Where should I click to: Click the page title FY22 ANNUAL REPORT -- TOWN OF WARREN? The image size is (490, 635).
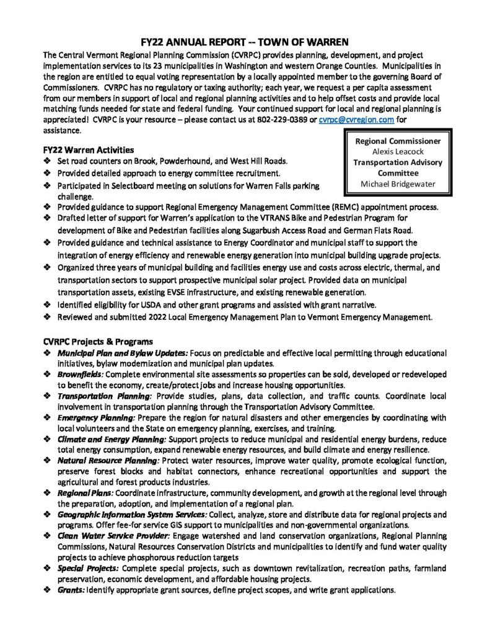245,39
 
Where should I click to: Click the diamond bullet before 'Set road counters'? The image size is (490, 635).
48,161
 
